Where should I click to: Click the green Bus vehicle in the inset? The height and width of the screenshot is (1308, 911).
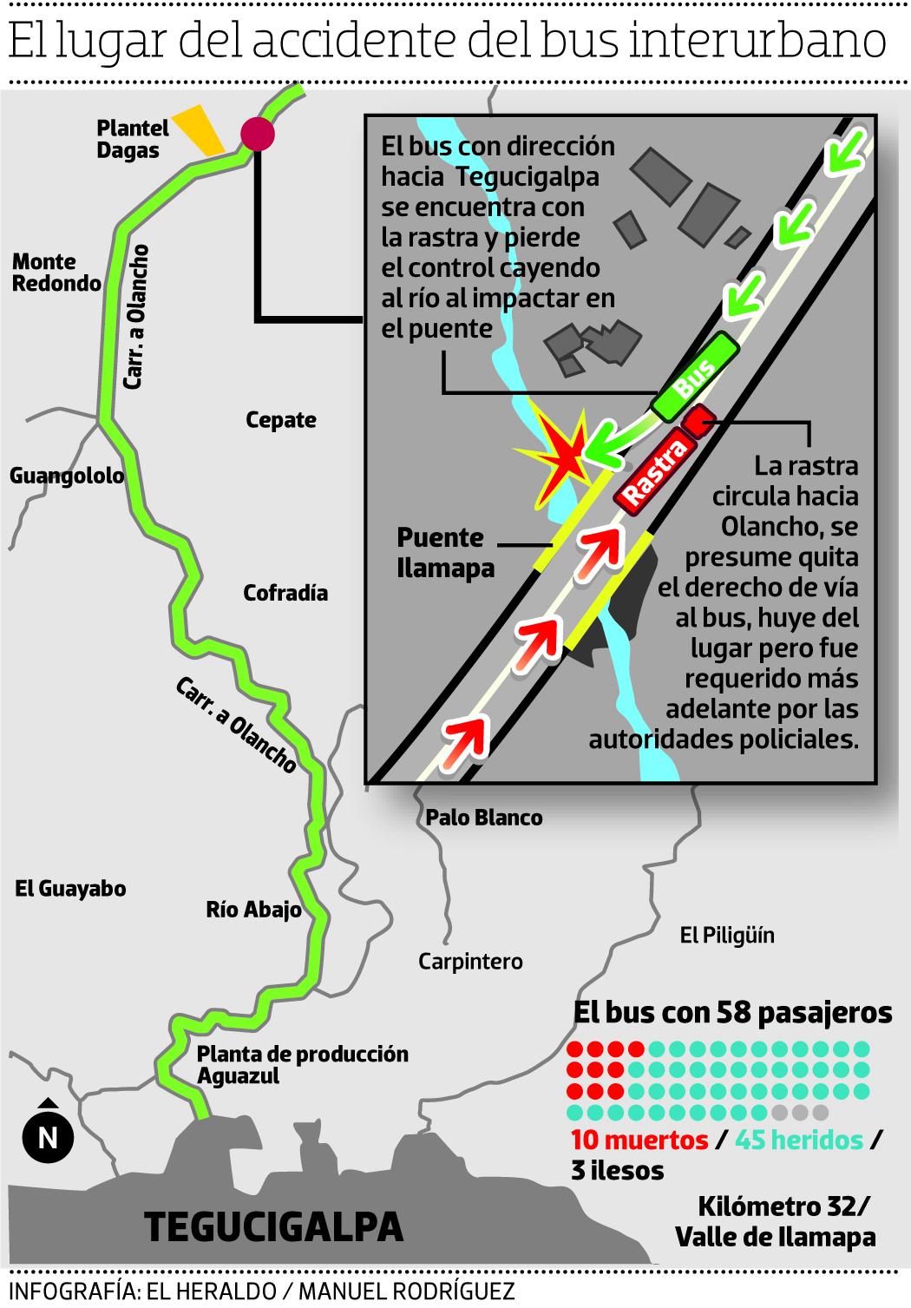tap(696, 376)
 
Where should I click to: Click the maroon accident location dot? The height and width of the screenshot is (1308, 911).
tap(258, 133)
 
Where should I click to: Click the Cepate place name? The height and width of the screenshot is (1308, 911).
tap(281, 420)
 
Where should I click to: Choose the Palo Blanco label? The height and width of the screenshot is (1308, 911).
tap(484, 817)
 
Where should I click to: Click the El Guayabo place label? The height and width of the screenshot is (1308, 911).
tap(71, 888)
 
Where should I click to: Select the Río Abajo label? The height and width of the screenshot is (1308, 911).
tap(253, 910)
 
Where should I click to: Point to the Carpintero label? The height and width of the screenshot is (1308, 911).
tap(470, 961)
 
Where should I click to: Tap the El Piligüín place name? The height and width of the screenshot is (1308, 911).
tap(727, 935)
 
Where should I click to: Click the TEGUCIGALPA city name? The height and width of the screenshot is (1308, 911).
tap(274, 1226)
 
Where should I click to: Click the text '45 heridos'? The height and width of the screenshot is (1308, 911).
tap(799, 1140)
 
